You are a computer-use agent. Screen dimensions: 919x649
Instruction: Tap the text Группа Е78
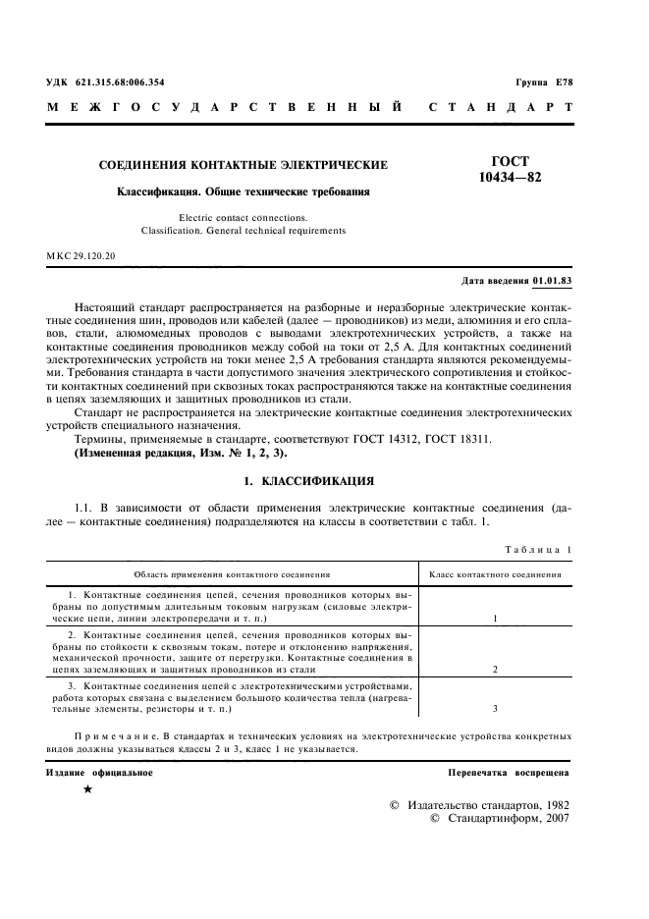click(543, 82)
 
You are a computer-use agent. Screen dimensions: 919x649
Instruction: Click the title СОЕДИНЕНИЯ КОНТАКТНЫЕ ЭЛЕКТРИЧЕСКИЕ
click(243, 165)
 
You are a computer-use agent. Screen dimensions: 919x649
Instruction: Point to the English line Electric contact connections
click(243, 217)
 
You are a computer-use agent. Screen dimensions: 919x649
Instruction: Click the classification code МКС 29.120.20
click(81, 256)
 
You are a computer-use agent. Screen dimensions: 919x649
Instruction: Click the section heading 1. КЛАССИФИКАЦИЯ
click(306, 481)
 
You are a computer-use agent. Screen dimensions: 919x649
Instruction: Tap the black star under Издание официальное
click(87, 790)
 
